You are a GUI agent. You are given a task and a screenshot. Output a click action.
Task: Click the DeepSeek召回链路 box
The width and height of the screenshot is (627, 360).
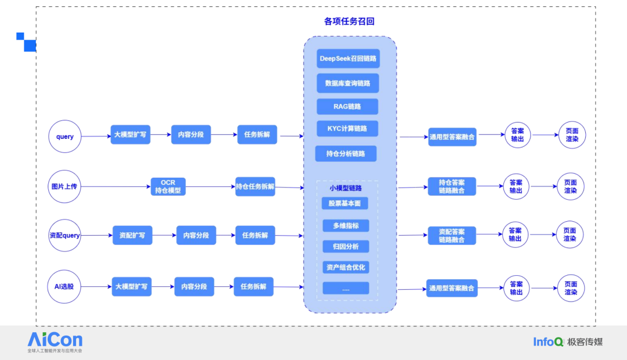click(x=348, y=59)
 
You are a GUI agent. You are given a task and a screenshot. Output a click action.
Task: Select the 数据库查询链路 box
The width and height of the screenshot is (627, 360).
click(x=348, y=83)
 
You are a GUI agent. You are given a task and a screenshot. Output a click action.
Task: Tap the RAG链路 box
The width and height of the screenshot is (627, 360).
click(x=347, y=107)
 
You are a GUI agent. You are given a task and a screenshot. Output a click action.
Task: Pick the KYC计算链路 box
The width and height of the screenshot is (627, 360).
click(x=347, y=128)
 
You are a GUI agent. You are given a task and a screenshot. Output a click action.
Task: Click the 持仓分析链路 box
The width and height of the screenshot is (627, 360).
click(x=346, y=154)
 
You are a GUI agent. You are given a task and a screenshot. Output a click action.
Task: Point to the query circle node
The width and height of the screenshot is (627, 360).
click(x=65, y=136)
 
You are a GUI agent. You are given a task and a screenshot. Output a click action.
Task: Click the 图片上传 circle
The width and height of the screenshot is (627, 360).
click(x=64, y=186)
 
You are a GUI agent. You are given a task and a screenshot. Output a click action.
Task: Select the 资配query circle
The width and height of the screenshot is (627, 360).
click(x=64, y=235)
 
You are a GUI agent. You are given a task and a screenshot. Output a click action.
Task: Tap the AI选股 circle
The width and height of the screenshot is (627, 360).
click(x=64, y=286)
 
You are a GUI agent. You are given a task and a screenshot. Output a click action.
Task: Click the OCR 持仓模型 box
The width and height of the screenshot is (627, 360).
click(x=168, y=186)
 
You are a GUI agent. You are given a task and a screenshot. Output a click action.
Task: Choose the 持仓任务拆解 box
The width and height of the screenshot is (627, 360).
click(x=255, y=187)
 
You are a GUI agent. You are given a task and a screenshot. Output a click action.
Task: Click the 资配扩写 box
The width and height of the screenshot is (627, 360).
click(x=132, y=235)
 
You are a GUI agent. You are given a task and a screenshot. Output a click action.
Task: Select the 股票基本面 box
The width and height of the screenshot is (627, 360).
click(x=344, y=204)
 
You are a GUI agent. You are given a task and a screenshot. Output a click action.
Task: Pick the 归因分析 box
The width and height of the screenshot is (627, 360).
click(x=345, y=247)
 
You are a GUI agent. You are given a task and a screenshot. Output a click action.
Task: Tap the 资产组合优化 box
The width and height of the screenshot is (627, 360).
click(x=345, y=267)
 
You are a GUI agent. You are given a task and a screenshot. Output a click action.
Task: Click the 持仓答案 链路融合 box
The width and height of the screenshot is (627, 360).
click(x=452, y=186)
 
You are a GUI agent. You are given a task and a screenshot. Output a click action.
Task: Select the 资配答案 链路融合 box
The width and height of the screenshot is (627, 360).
click(x=452, y=235)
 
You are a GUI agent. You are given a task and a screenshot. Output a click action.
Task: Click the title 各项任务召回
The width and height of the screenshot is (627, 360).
click(x=349, y=21)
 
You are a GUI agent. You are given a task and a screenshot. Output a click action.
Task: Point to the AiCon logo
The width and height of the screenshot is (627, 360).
click(x=55, y=341)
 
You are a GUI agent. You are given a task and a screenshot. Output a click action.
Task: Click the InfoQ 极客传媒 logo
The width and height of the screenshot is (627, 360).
click(x=568, y=341)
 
